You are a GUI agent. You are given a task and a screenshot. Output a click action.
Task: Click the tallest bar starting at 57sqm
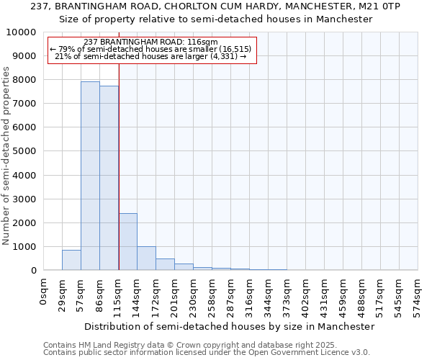coord(90,176)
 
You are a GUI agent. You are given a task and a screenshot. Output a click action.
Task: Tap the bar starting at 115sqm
coord(127,242)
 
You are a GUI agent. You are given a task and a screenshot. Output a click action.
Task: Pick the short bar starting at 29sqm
coord(71,260)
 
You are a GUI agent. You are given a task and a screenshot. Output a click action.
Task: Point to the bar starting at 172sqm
coord(165,264)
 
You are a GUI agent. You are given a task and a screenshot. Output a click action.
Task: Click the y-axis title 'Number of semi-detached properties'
coord(7,156)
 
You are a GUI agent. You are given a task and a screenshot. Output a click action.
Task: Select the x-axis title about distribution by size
coord(230,326)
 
